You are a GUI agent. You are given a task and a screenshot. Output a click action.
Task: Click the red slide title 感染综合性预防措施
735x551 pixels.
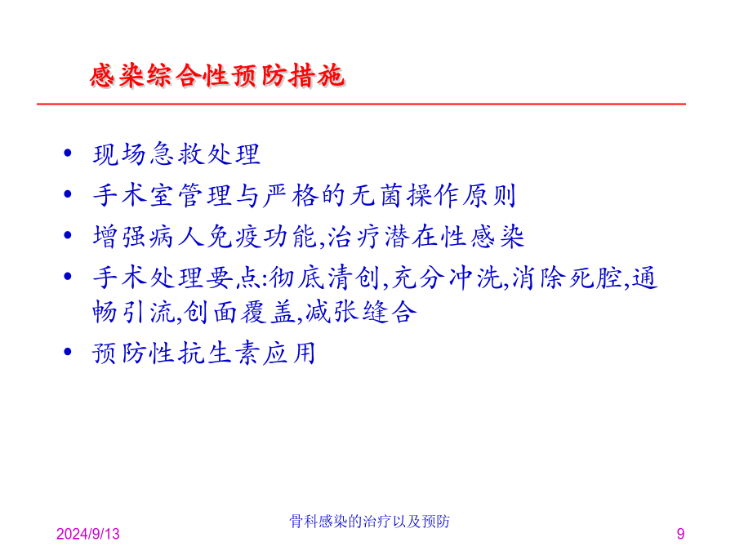click(x=217, y=75)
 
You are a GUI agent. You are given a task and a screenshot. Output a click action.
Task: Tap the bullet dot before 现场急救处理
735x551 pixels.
click(x=68, y=153)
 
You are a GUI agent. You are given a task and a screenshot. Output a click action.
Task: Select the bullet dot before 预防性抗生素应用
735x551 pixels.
click(x=68, y=351)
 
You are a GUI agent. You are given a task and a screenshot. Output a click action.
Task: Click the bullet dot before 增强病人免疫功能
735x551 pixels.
click(x=68, y=235)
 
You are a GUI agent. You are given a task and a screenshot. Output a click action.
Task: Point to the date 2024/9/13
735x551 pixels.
click(x=87, y=534)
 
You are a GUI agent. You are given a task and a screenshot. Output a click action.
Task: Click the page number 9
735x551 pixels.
click(x=680, y=534)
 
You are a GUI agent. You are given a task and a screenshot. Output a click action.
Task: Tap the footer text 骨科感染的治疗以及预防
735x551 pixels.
click(x=369, y=521)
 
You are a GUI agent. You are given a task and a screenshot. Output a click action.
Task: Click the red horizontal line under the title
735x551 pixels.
click(x=362, y=104)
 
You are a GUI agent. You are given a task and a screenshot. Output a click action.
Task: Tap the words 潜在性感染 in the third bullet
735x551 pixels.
click(x=454, y=236)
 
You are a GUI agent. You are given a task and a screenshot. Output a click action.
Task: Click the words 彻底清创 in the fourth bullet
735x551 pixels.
click(x=325, y=278)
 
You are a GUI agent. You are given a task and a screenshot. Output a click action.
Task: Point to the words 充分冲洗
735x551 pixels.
click(x=447, y=278)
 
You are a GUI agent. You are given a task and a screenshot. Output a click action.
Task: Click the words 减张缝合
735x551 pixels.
click(x=362, y=312)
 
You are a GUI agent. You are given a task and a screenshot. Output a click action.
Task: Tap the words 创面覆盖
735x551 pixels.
click(x=239, y=312)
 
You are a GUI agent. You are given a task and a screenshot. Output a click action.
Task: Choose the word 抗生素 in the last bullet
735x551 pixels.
click(x=220, y=353)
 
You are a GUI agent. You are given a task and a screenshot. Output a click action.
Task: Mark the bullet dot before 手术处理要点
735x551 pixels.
click(x=68, y=277)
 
